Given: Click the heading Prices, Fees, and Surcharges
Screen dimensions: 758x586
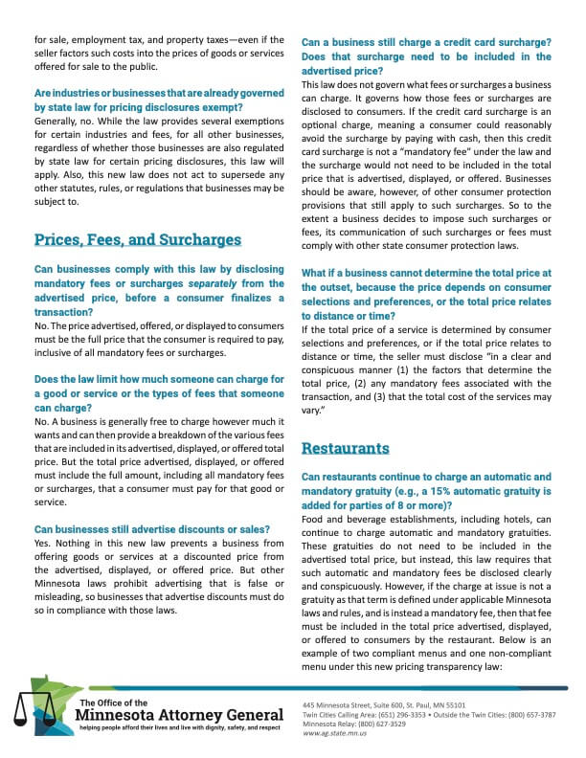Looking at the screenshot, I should [x=138, y=239].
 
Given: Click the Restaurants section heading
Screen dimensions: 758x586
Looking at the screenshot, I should [x=346, y=447].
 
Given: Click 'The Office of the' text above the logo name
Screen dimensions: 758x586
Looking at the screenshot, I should [x=114, y=702].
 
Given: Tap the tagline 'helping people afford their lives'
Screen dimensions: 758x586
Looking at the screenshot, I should [x=180, y=728].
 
